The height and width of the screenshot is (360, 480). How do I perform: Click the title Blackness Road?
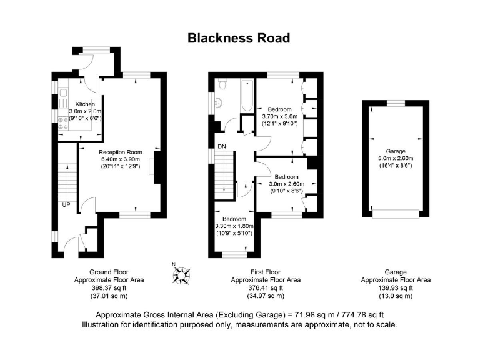point(239,39)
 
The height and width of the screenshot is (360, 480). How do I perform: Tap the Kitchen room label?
point(85,104)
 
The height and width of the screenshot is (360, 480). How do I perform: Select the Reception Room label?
point(121,152)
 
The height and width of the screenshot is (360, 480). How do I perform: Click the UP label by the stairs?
point(66,204)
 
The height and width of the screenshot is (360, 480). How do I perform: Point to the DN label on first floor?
point(221,146)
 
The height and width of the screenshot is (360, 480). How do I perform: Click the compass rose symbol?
point(182,272)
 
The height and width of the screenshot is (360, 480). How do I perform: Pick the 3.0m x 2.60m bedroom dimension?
point(286,184)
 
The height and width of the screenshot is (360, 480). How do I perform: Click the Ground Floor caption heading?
point(109,272)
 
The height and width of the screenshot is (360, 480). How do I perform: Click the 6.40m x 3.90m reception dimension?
point(121,159)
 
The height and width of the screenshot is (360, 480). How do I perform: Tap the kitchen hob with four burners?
point(64,122)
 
